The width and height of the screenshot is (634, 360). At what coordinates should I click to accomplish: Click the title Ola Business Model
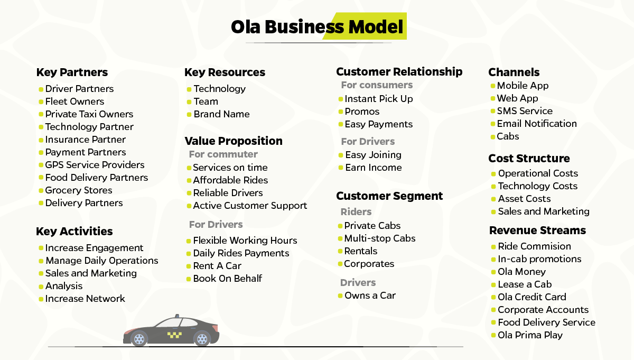(x=317, y=27)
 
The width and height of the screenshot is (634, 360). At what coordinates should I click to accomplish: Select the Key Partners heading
(x=72, y=72)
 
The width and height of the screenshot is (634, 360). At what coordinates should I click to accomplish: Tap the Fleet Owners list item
(x=74, y=101)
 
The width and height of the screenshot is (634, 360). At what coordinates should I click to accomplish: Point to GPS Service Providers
(x=95, y=165)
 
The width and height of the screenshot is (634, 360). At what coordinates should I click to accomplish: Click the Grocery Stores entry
(x=79, y=190)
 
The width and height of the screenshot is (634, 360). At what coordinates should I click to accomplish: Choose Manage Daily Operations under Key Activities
(x=102, y=261)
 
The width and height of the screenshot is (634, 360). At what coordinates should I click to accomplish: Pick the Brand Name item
(x=221, y=114)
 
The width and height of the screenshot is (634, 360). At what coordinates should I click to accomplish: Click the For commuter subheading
(x=223, y=154)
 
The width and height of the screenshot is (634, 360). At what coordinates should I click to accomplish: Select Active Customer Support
(x=250, y=206)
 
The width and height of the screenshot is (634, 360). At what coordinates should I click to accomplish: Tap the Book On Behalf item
(x=228, y=279)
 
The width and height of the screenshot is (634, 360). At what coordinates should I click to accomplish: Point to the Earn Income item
(x=374, y=168)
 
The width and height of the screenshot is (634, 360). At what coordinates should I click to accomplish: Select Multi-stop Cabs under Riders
(x=380, y=238)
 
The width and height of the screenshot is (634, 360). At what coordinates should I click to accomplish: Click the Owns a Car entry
(x=370, y=296)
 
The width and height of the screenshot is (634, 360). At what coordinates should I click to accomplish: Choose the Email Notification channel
(x=537, y=124)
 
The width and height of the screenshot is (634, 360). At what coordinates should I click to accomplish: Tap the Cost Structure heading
(x=529, y=159)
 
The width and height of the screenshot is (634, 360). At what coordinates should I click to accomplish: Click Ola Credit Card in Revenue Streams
(x=532, y=297)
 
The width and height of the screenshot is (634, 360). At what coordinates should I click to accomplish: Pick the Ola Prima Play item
(x=530, y=335)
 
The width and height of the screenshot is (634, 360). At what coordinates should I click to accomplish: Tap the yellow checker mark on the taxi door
(x=174, y=335)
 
